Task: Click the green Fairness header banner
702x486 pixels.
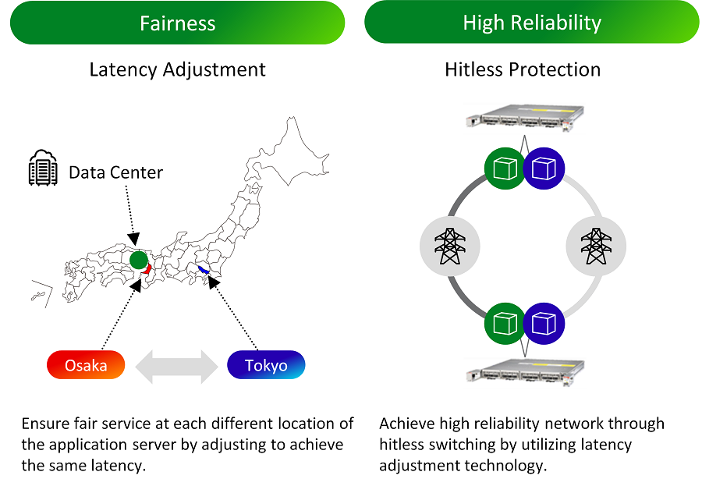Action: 177,22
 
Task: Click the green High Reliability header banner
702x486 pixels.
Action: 532,22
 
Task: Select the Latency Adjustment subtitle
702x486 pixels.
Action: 177,69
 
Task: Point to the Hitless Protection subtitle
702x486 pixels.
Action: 523,69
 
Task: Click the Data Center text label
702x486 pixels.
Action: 115,172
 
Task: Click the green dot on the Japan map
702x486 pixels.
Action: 138,260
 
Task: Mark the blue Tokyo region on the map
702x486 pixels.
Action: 204,271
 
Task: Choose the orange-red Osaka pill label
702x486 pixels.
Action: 86,365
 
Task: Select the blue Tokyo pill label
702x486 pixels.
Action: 266,365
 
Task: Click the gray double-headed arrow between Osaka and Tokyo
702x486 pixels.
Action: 175,365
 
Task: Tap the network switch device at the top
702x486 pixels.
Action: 523,118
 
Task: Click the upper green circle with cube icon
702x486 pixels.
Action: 505,168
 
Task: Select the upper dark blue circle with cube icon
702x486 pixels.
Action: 544,168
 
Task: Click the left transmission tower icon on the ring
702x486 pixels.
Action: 449,246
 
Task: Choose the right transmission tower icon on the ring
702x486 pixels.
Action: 596,246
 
